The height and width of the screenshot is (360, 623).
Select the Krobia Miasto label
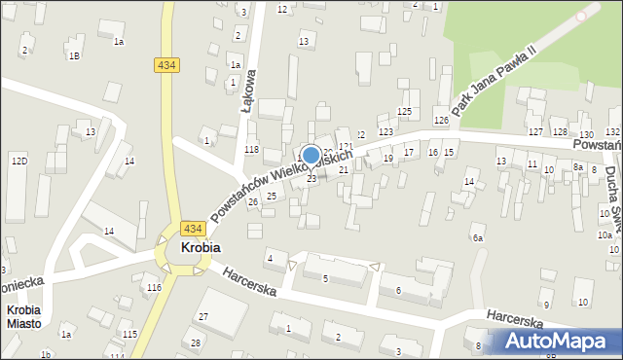click(23, 316)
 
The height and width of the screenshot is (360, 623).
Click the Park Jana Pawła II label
click(490, 82)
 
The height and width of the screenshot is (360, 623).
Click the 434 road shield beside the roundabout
click(191, 229)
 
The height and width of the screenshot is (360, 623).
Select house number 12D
click(18, 160)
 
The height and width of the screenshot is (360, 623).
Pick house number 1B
click(74, 55)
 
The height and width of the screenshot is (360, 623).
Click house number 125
click(404, 112)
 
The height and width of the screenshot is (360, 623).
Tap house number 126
click(441, 120)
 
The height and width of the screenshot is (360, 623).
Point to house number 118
click(251, 149)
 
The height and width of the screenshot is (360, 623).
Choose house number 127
click(534, 131)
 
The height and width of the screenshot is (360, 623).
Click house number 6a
click(477, 237)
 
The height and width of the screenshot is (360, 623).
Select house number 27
click(203, 317)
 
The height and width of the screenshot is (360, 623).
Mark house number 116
click(153, 288)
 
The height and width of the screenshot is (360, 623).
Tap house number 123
click(385, 131)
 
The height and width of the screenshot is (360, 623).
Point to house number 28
click(196, 342)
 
